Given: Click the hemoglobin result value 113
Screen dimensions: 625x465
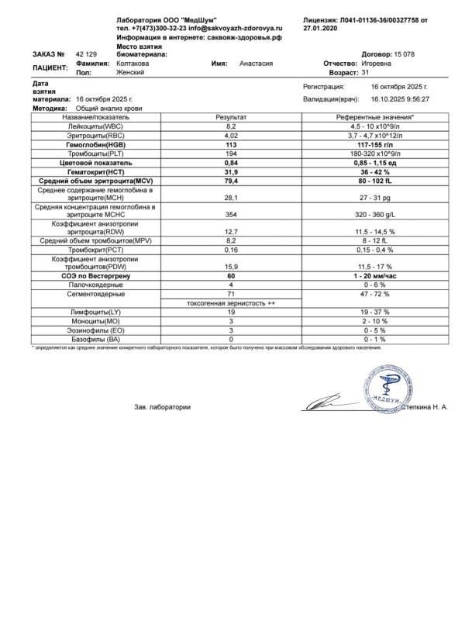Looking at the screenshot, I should (x=230, y=145).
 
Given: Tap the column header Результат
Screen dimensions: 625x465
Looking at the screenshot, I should (x=230, y=116).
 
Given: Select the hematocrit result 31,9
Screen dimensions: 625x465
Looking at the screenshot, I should (x=230, y=173).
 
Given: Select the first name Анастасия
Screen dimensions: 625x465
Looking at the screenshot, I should (x=256, y=63).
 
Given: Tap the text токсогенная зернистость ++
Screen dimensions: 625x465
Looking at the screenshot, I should (x=230, y=303).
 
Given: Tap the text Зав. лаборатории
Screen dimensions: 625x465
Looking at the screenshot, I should (x=163, y=406).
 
